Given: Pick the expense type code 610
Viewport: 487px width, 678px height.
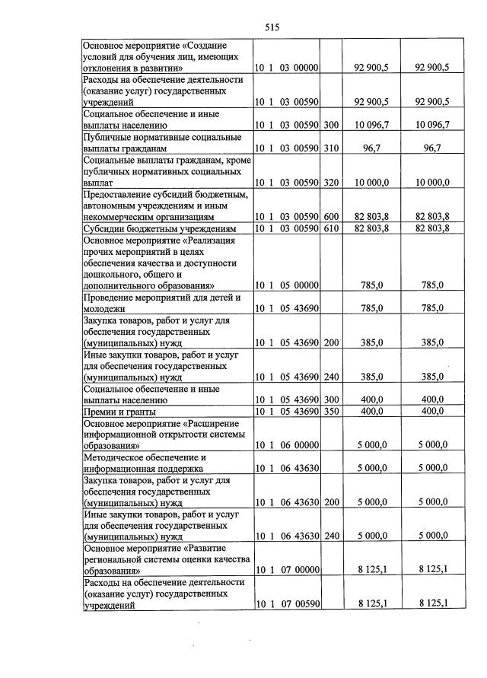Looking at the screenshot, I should click(x=330, y=228).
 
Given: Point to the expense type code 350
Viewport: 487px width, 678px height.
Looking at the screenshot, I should click(x=330, y=412).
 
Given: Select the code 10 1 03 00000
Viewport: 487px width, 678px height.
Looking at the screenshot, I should click(x=285, y=68).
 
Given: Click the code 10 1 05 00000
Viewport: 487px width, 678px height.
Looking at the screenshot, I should click(x=285, y=285).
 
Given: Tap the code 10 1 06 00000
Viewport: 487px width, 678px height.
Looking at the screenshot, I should click(x=285, y=445).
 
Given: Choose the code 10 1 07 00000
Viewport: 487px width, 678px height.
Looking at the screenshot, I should click(x=285, y=569).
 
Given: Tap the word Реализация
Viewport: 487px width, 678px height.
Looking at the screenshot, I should click(x=214, y=240).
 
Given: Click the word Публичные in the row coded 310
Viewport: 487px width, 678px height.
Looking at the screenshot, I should click(x=109, y=137).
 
